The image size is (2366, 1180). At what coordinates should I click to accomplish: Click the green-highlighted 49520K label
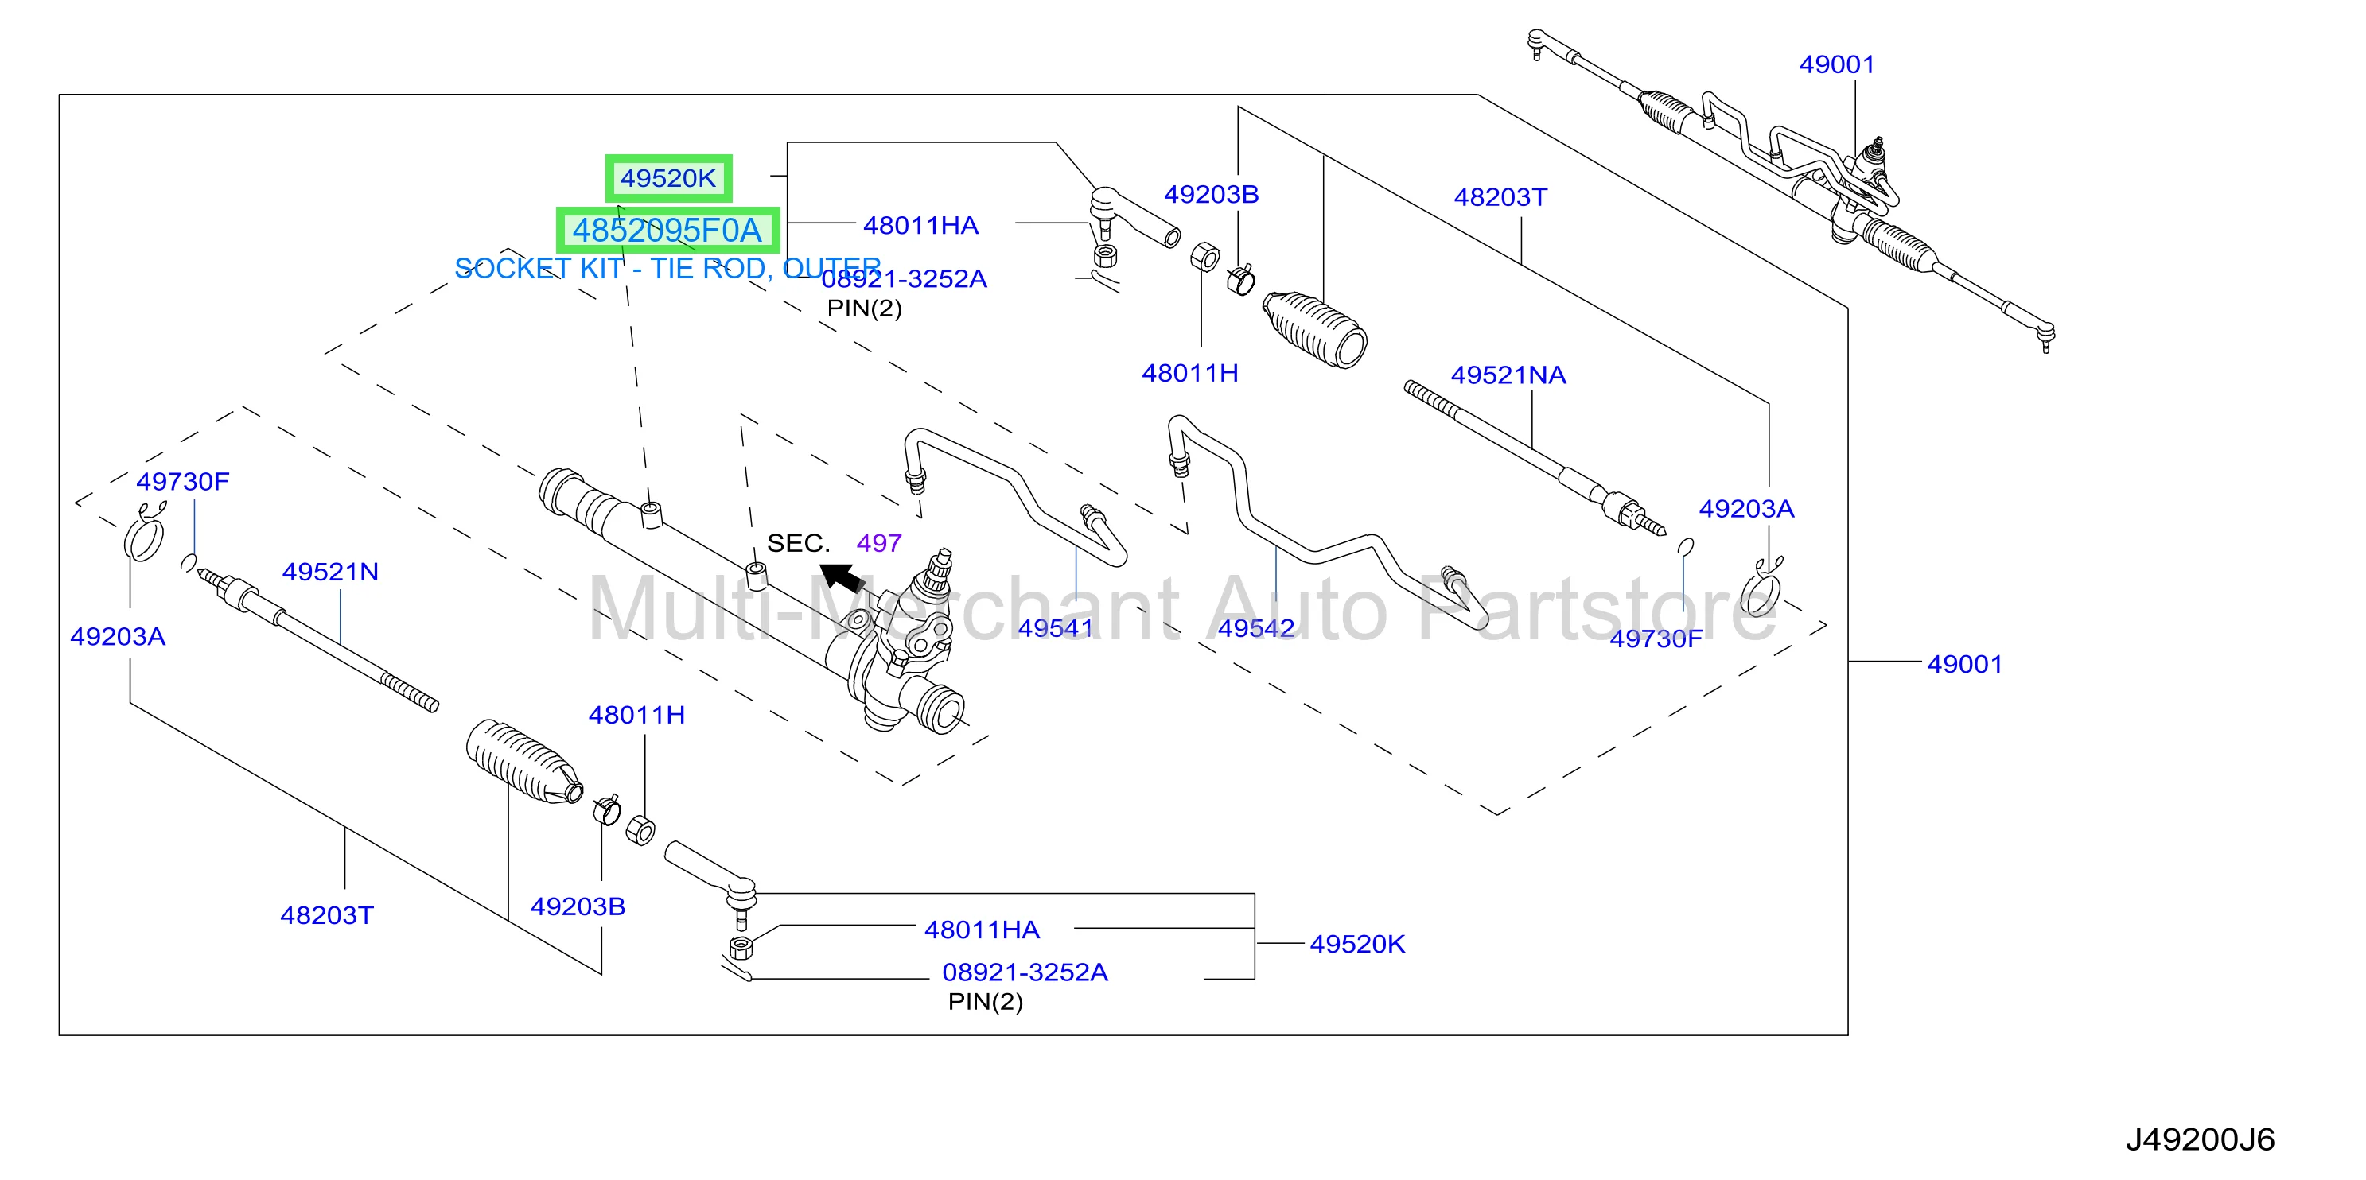(667, 178)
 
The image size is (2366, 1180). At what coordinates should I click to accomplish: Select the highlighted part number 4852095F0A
(667, 230)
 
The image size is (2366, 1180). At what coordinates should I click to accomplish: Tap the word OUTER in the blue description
(832, 268)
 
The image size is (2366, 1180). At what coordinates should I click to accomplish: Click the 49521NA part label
(1508, 375)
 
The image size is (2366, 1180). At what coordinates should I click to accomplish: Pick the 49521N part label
(331, 571)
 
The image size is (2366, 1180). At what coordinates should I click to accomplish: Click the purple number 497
(879, 543)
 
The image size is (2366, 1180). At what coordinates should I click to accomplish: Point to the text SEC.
(798, 543)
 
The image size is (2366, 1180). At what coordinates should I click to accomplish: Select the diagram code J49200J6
(2200, 1139)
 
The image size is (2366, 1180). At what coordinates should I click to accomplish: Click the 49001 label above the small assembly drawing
(1837, 64)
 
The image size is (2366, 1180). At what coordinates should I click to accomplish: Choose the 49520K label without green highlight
(1357, 944)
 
